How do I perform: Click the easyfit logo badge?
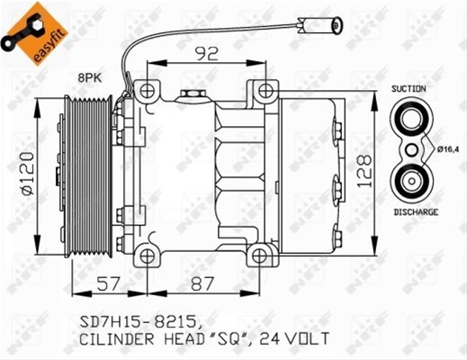[x=34, y=33]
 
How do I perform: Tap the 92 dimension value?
[x=206, y=54]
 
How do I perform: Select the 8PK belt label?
[x=90, y=78]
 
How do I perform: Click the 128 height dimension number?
[x=364, y=171]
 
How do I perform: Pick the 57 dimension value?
[x=109, y=283]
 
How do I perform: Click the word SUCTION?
[x=409, y=89]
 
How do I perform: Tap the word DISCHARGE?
[x=416, y=212]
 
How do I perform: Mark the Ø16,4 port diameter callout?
[x=448, y=149]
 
